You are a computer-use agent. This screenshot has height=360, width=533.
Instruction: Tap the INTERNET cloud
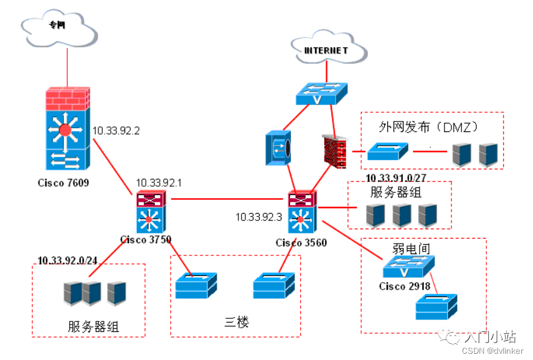coord(329,47)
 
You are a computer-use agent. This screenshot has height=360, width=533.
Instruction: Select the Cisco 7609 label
coord(64,183)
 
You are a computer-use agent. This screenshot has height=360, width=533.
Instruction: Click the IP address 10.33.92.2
coord(116,131)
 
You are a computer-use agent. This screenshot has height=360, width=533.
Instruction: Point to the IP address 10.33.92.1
coord(159,183)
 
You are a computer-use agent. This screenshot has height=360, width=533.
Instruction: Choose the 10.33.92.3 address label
coord(258,217)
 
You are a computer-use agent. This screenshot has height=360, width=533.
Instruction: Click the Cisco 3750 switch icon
coord(151,211)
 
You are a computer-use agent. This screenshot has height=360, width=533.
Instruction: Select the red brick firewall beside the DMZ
coord(334,151)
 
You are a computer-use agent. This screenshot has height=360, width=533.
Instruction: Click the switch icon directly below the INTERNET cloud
coord(321,94)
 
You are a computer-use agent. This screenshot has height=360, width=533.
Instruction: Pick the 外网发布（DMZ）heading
coord(428,127)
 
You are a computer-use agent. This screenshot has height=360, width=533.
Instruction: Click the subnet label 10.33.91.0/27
coord(395,178)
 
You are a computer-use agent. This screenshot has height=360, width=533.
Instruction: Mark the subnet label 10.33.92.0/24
coord(67,260)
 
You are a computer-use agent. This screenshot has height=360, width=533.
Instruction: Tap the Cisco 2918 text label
coord(405,287)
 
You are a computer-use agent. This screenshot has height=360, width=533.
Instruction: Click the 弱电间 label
coord(411,249)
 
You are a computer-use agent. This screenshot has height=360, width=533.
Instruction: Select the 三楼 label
coord(237,321)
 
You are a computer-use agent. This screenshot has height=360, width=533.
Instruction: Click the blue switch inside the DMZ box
coord(387,151)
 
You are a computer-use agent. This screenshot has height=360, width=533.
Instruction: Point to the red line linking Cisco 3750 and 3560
coord(227,199)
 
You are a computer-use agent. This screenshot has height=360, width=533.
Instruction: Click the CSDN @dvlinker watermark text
coord(493,351)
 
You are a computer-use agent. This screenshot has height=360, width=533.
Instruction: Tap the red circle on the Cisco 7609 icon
coord(65,130)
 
